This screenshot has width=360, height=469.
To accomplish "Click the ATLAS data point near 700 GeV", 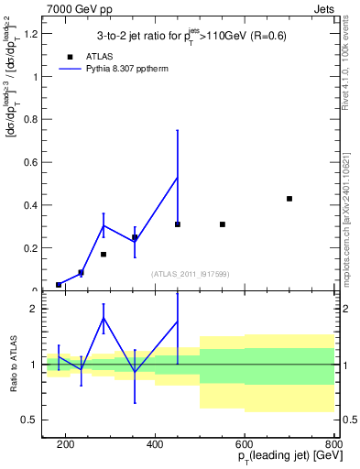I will click(289, 199).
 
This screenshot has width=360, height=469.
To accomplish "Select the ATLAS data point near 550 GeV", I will click(223, 224).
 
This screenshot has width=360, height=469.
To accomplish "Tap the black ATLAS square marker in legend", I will click(70, 56).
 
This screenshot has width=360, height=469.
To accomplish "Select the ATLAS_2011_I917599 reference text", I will click(191, 275).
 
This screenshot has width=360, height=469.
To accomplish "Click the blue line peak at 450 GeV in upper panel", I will click(178, 177).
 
